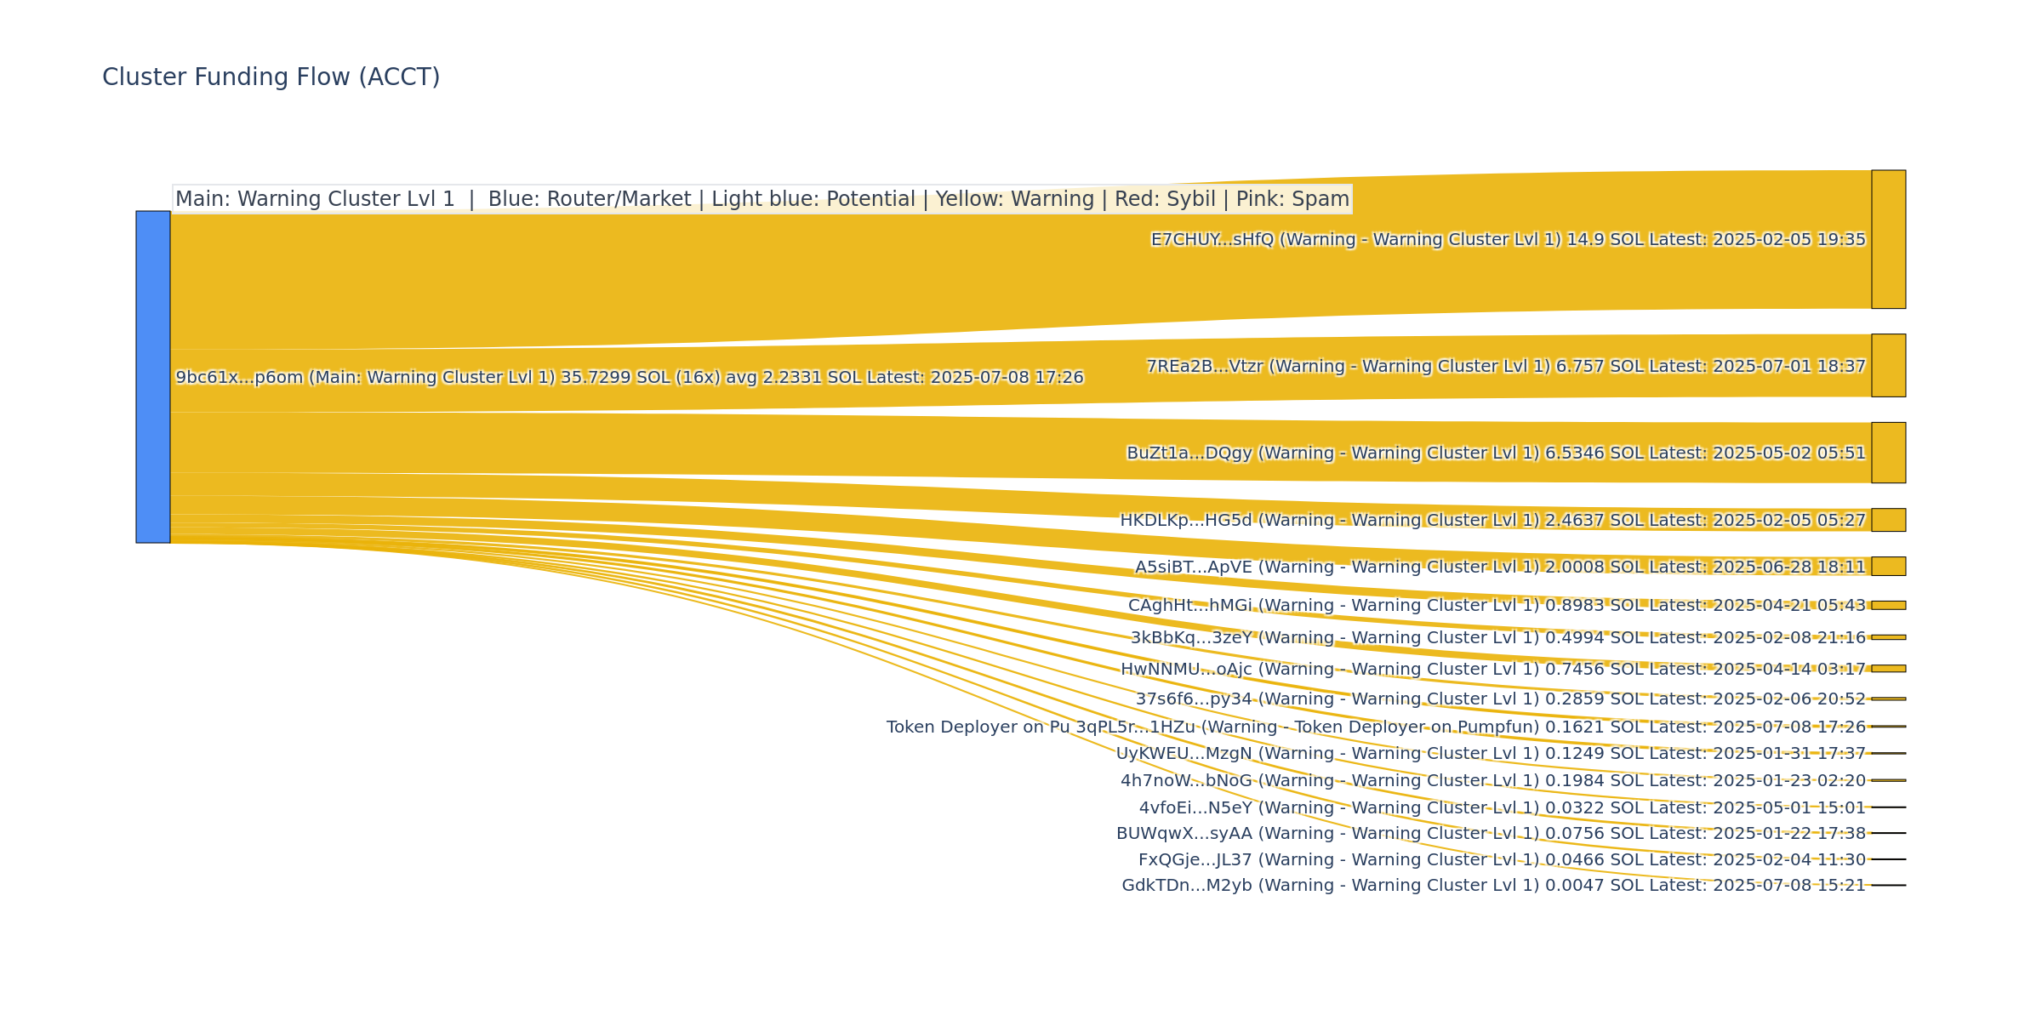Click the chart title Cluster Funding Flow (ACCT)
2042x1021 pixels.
click(271, 77)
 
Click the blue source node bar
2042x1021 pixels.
click(153, 376)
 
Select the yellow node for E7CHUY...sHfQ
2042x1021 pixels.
click(1888, 239)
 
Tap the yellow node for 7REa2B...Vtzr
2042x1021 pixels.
click(1888, 365)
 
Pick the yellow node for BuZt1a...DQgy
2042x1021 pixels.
click(1888, 453)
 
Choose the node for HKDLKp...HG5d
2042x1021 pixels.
click(1888, 520)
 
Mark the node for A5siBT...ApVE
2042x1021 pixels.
click(1888, 566)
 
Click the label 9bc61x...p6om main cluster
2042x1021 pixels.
click(630, 377)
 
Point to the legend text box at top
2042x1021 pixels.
click(761, 199)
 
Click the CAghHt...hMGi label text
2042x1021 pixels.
click(1497, 606)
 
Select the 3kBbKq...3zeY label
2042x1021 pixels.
click(1497, 638)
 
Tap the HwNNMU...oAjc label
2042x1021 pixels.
click(1493, 670)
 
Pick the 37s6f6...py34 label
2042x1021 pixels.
click(1500, 699)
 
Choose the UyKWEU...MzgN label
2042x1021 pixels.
click(1491, 754)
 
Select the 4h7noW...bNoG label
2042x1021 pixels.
click(1493, 781)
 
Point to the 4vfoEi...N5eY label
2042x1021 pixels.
click(1502, 808)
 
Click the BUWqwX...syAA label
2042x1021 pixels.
click(1491, 834)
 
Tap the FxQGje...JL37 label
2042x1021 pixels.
click(1502, 860)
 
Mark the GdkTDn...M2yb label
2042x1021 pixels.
click(1493, 886)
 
